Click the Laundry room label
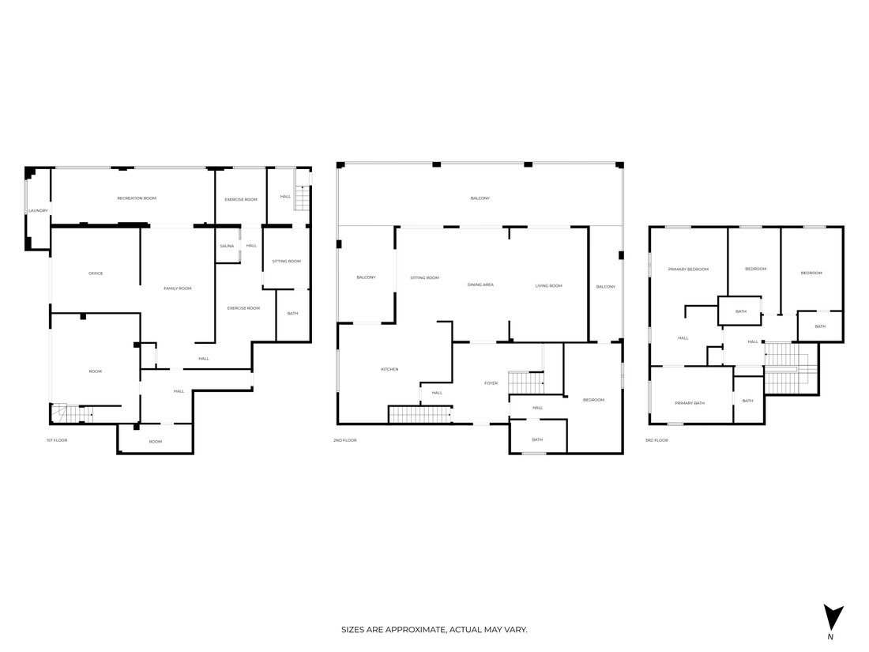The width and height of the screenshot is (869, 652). (x=38, y=211)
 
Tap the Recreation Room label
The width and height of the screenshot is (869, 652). (x=137, y=198)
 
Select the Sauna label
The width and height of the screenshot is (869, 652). (x=227, y=246)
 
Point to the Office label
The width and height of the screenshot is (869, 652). (x=96, y=273)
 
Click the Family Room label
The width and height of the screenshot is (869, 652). (x=177, y=288)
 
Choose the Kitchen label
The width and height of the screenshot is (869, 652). (x=389, y=369)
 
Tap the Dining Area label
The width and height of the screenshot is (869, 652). (x=480, y=285)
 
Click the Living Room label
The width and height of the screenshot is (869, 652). (x=549, y=285)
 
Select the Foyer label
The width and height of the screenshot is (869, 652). (x=491, y=383)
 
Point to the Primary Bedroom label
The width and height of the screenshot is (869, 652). (x=688, y=269)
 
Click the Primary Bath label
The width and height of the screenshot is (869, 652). (x=690, y=403)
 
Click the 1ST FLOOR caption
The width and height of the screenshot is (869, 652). (x=57, y=440)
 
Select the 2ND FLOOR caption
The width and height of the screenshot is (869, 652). (x=344, y=440)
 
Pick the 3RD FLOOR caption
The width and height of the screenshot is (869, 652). (x=656, y=440)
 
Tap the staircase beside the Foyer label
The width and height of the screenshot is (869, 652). (x=526, y=383)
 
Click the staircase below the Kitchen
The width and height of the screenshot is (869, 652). (x=420, y=415)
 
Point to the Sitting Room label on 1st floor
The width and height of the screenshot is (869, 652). (x=287, y=261)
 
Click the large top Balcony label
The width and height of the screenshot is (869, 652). (x=480, y=198)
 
